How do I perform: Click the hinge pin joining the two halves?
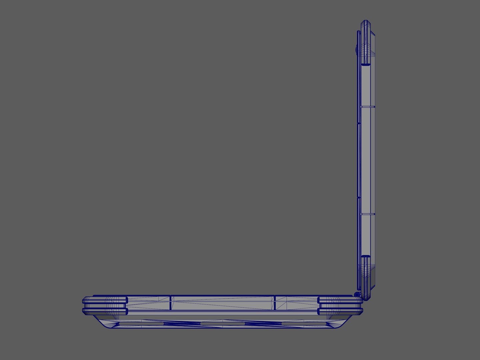click(357, 295)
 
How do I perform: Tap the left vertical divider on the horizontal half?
click(170, 303)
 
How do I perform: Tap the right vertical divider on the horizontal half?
click(275, 303)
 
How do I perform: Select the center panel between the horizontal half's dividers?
click(223, 303)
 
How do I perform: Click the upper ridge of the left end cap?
click(105, 300)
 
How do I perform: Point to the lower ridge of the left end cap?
click(105, 311)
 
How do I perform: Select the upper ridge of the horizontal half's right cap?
click(340, 300)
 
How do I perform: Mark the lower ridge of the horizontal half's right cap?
click(340, 311)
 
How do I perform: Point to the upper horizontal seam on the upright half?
click(368, 107)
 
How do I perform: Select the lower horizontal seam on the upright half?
click(368, 214)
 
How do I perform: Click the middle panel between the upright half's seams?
click(368, 160)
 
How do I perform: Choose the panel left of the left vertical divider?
click(148, 303)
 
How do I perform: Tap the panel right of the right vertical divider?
click(296, 303)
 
